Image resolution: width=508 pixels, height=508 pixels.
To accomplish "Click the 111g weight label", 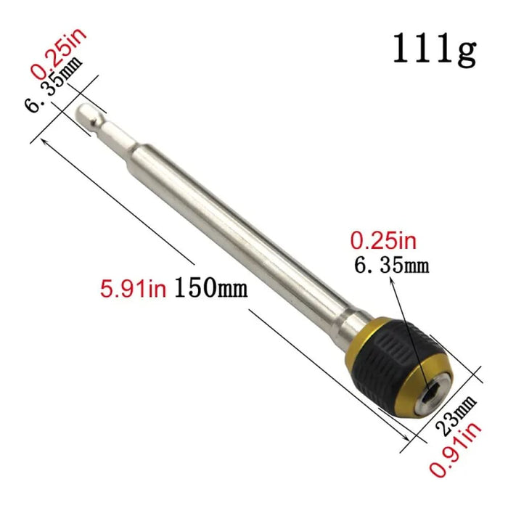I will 434,49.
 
